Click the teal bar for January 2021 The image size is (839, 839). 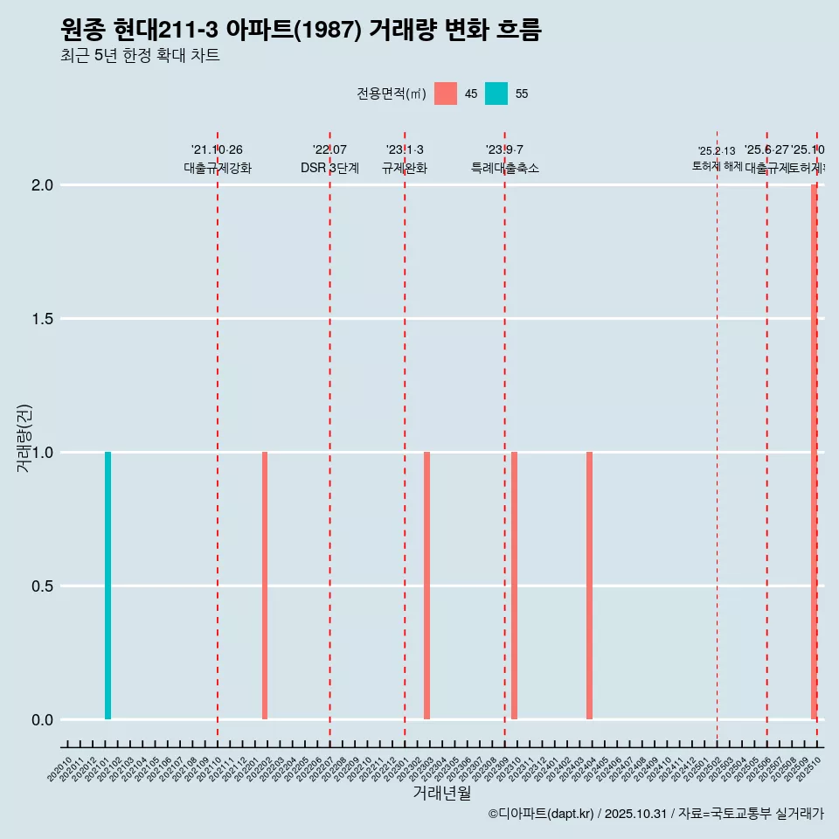tap(107, 586)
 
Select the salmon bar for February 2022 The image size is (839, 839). tap(265, 586)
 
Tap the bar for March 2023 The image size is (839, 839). tap(426, 586)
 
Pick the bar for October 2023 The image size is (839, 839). tap(514, 586)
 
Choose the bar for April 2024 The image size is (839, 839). tap(589, 586)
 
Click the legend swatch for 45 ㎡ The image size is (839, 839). tap(446, 94)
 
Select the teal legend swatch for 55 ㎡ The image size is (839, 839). tap(496, 94)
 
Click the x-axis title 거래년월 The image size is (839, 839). tap(441, 793)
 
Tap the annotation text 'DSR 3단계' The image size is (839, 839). tap(329, 168)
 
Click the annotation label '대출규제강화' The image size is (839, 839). tap(218, 168)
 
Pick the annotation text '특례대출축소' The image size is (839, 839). tap(504, 168)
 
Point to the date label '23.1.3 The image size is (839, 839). tap(405, 149)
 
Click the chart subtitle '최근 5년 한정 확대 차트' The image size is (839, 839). tap(140, 56)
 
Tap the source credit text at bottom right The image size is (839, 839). tap(655, 814)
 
